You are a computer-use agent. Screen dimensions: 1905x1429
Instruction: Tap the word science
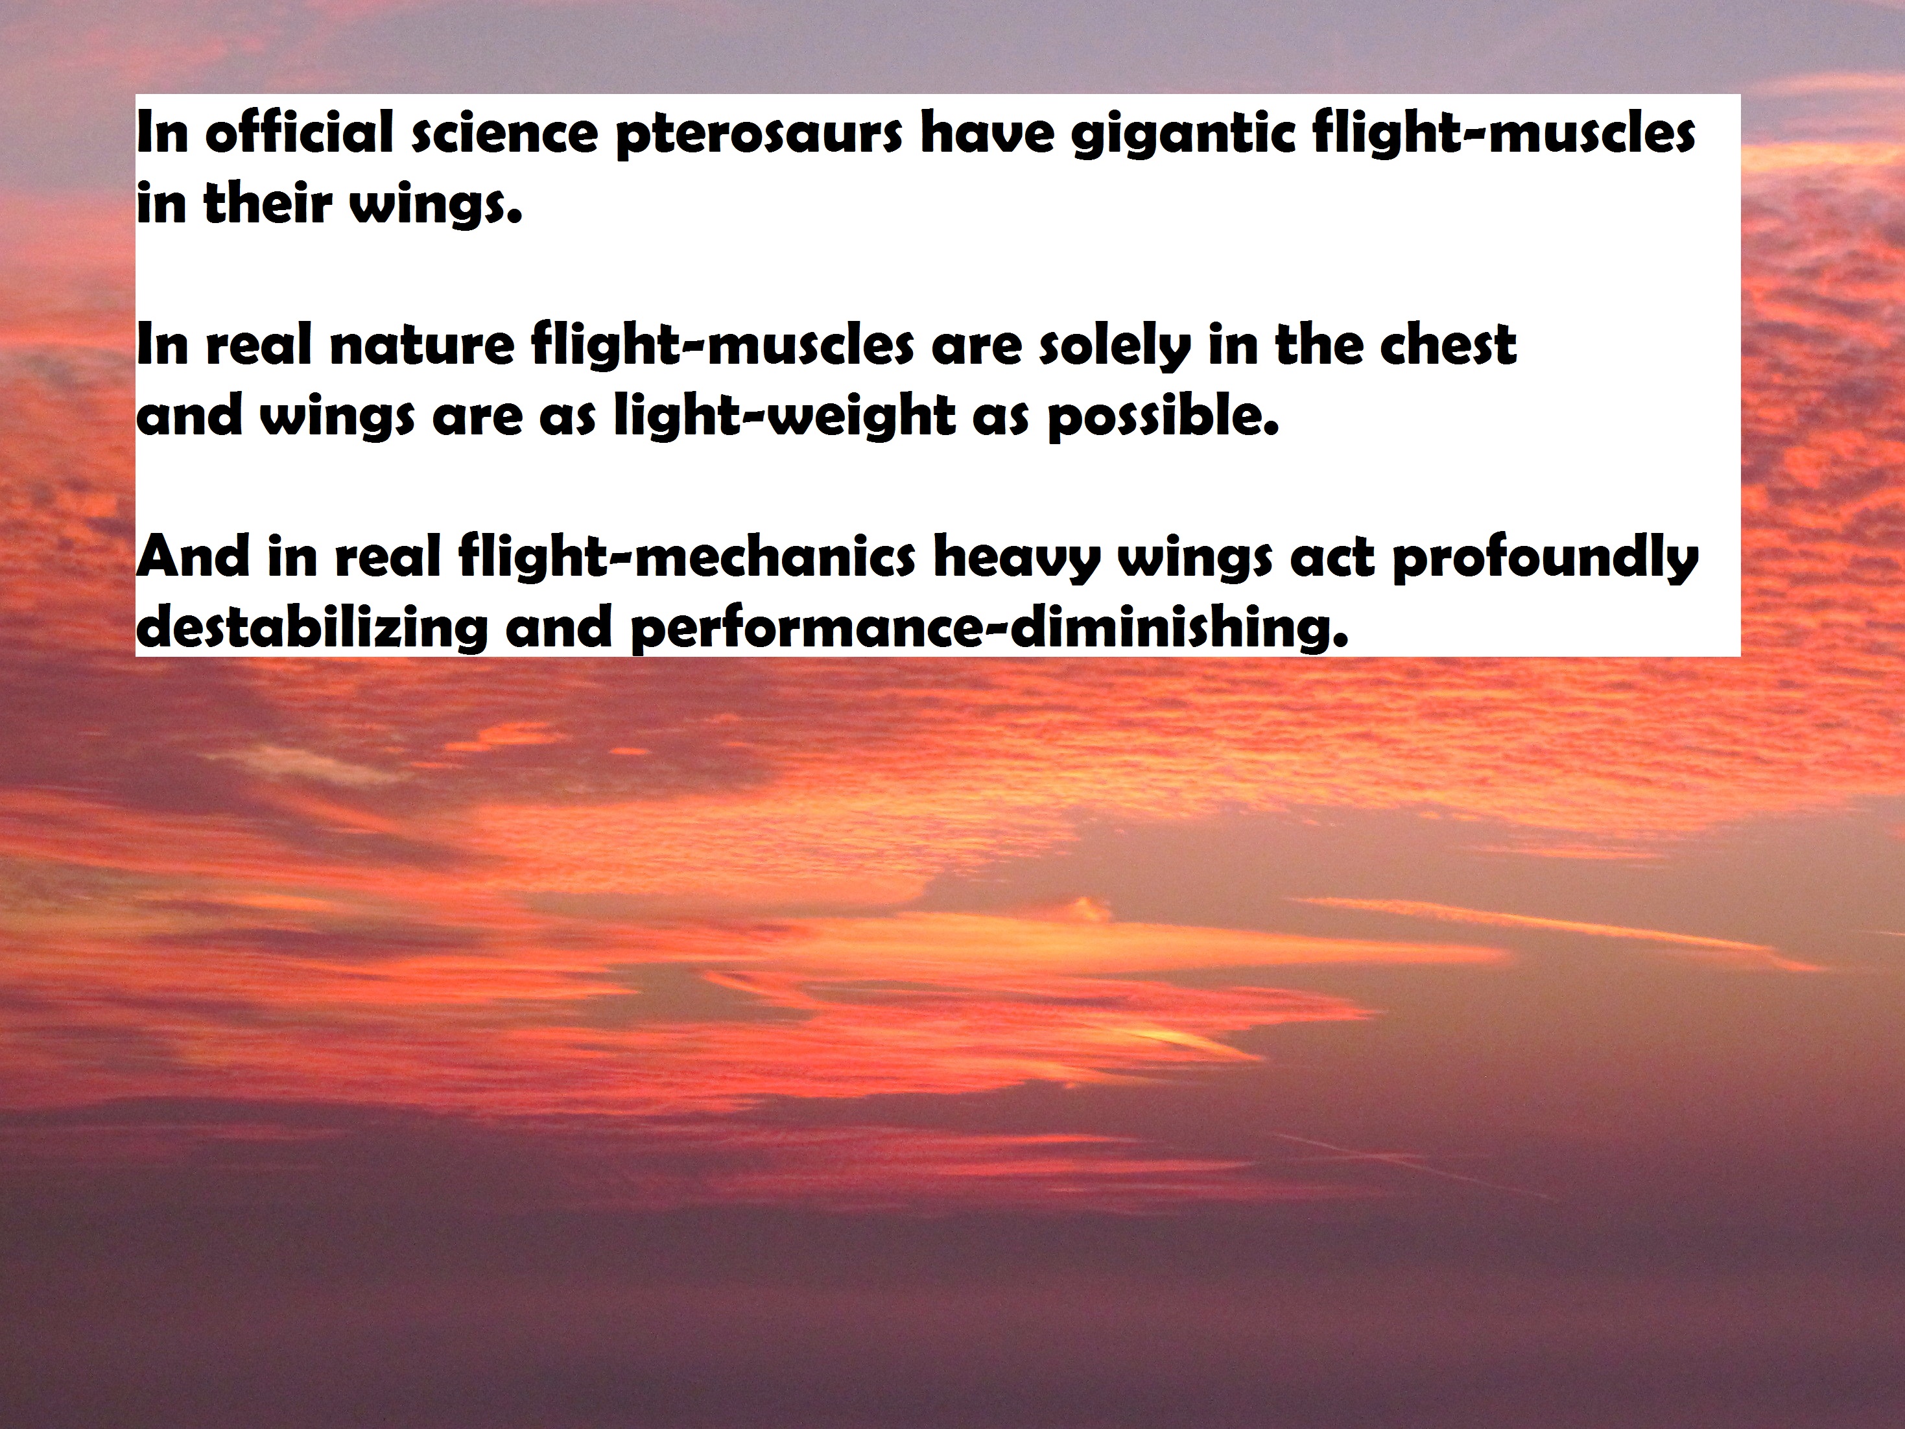pos(504,136)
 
